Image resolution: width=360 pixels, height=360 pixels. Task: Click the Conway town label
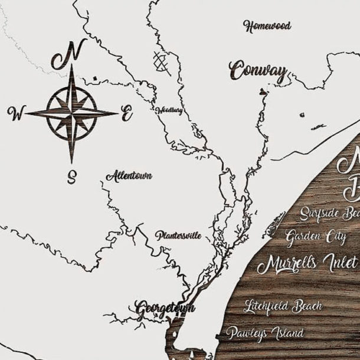point(258,71)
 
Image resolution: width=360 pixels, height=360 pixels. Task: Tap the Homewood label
point(267,26)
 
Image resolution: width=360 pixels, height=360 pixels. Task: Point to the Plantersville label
point(178,235)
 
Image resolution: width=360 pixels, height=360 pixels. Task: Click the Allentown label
point(129,176)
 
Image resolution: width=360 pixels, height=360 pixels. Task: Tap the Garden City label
point(316,237)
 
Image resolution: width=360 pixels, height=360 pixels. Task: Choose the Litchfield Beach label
point(283,306)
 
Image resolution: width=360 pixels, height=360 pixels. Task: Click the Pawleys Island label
point(264,333)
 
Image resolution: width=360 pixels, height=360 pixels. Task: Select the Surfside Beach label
point(329,213)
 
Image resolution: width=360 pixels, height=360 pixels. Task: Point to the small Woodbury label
point(169,110)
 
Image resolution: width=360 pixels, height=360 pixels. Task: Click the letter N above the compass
point(67,54)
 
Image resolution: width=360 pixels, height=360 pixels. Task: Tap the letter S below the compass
point(72,176)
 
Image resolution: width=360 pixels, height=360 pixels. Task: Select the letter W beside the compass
point(16,112)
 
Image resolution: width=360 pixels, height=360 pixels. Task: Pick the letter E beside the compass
point(126,114)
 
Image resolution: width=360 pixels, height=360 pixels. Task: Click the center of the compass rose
point(72,112)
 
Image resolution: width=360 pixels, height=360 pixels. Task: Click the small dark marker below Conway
point(262,91)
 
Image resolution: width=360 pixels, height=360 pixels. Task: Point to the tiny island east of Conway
point(318,126)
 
